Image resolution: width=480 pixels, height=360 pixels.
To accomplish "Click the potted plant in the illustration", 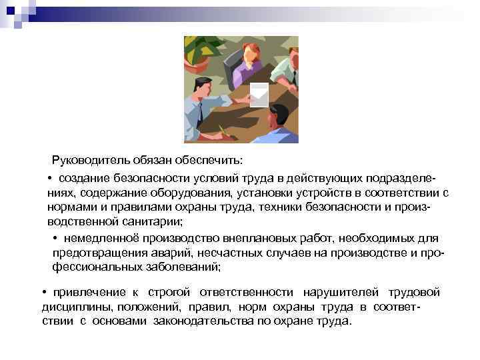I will point(203,51).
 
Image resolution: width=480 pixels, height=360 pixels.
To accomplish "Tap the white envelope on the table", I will point(257,95).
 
